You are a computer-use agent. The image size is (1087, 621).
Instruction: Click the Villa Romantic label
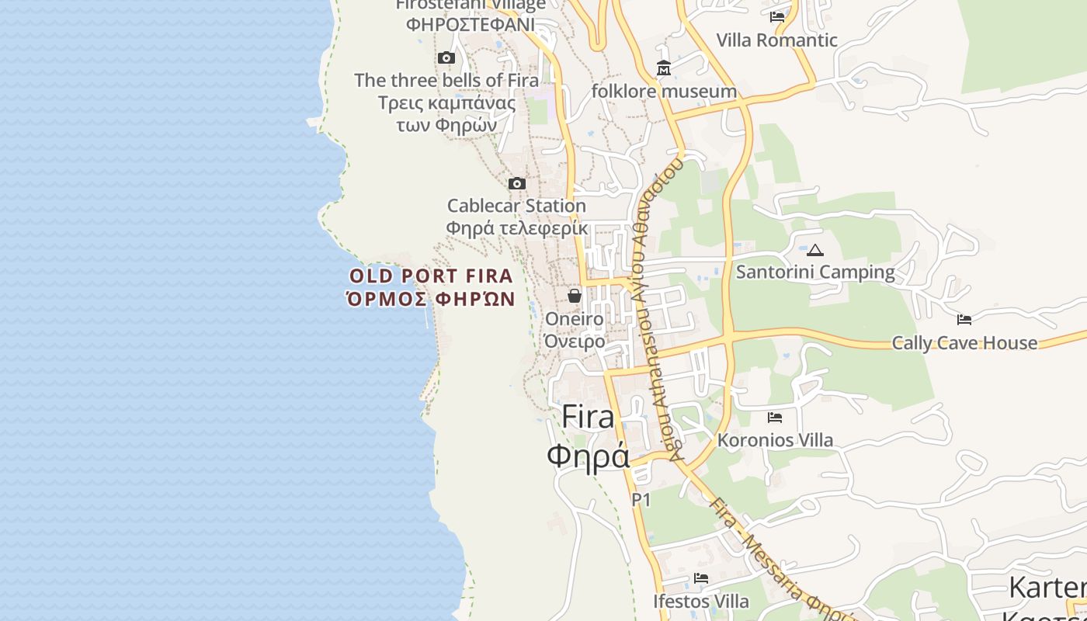[x=776, y=40]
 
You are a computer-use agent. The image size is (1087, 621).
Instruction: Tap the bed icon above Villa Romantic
[x=776, y=16]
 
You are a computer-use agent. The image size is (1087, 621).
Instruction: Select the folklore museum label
[x=664, y=92]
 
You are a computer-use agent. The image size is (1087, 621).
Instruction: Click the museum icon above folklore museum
[x=664, y=69]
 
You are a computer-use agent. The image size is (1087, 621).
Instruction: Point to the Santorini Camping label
[x=815, y=272]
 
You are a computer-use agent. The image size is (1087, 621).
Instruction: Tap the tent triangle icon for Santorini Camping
[x=814, y=250]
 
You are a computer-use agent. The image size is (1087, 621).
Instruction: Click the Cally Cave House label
[x=964, y=343]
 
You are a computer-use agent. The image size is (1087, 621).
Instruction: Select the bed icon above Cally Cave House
[x=964, y=319]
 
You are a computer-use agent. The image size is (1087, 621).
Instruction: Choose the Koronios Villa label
[x=775, y=440]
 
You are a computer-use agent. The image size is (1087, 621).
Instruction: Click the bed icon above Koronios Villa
[x=774, y=418]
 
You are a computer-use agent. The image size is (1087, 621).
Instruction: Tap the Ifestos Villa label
[x=701, y=602]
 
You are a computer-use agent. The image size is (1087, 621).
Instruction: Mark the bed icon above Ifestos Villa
[x=701, y=578]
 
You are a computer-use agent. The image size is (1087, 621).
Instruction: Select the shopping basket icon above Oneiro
[x=575, y=296]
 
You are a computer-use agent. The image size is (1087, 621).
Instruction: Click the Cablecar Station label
[x=516, y=206]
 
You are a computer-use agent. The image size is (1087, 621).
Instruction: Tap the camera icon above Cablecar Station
[x=516, y=184]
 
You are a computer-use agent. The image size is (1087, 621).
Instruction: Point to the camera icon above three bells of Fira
[x=446, y=58]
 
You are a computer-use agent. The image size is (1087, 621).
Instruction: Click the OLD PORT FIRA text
[x=431, y=276]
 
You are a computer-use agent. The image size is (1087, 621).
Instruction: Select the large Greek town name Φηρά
[x=588, y=456]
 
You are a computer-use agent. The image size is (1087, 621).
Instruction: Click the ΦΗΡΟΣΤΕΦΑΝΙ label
[x=471, y=24]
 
